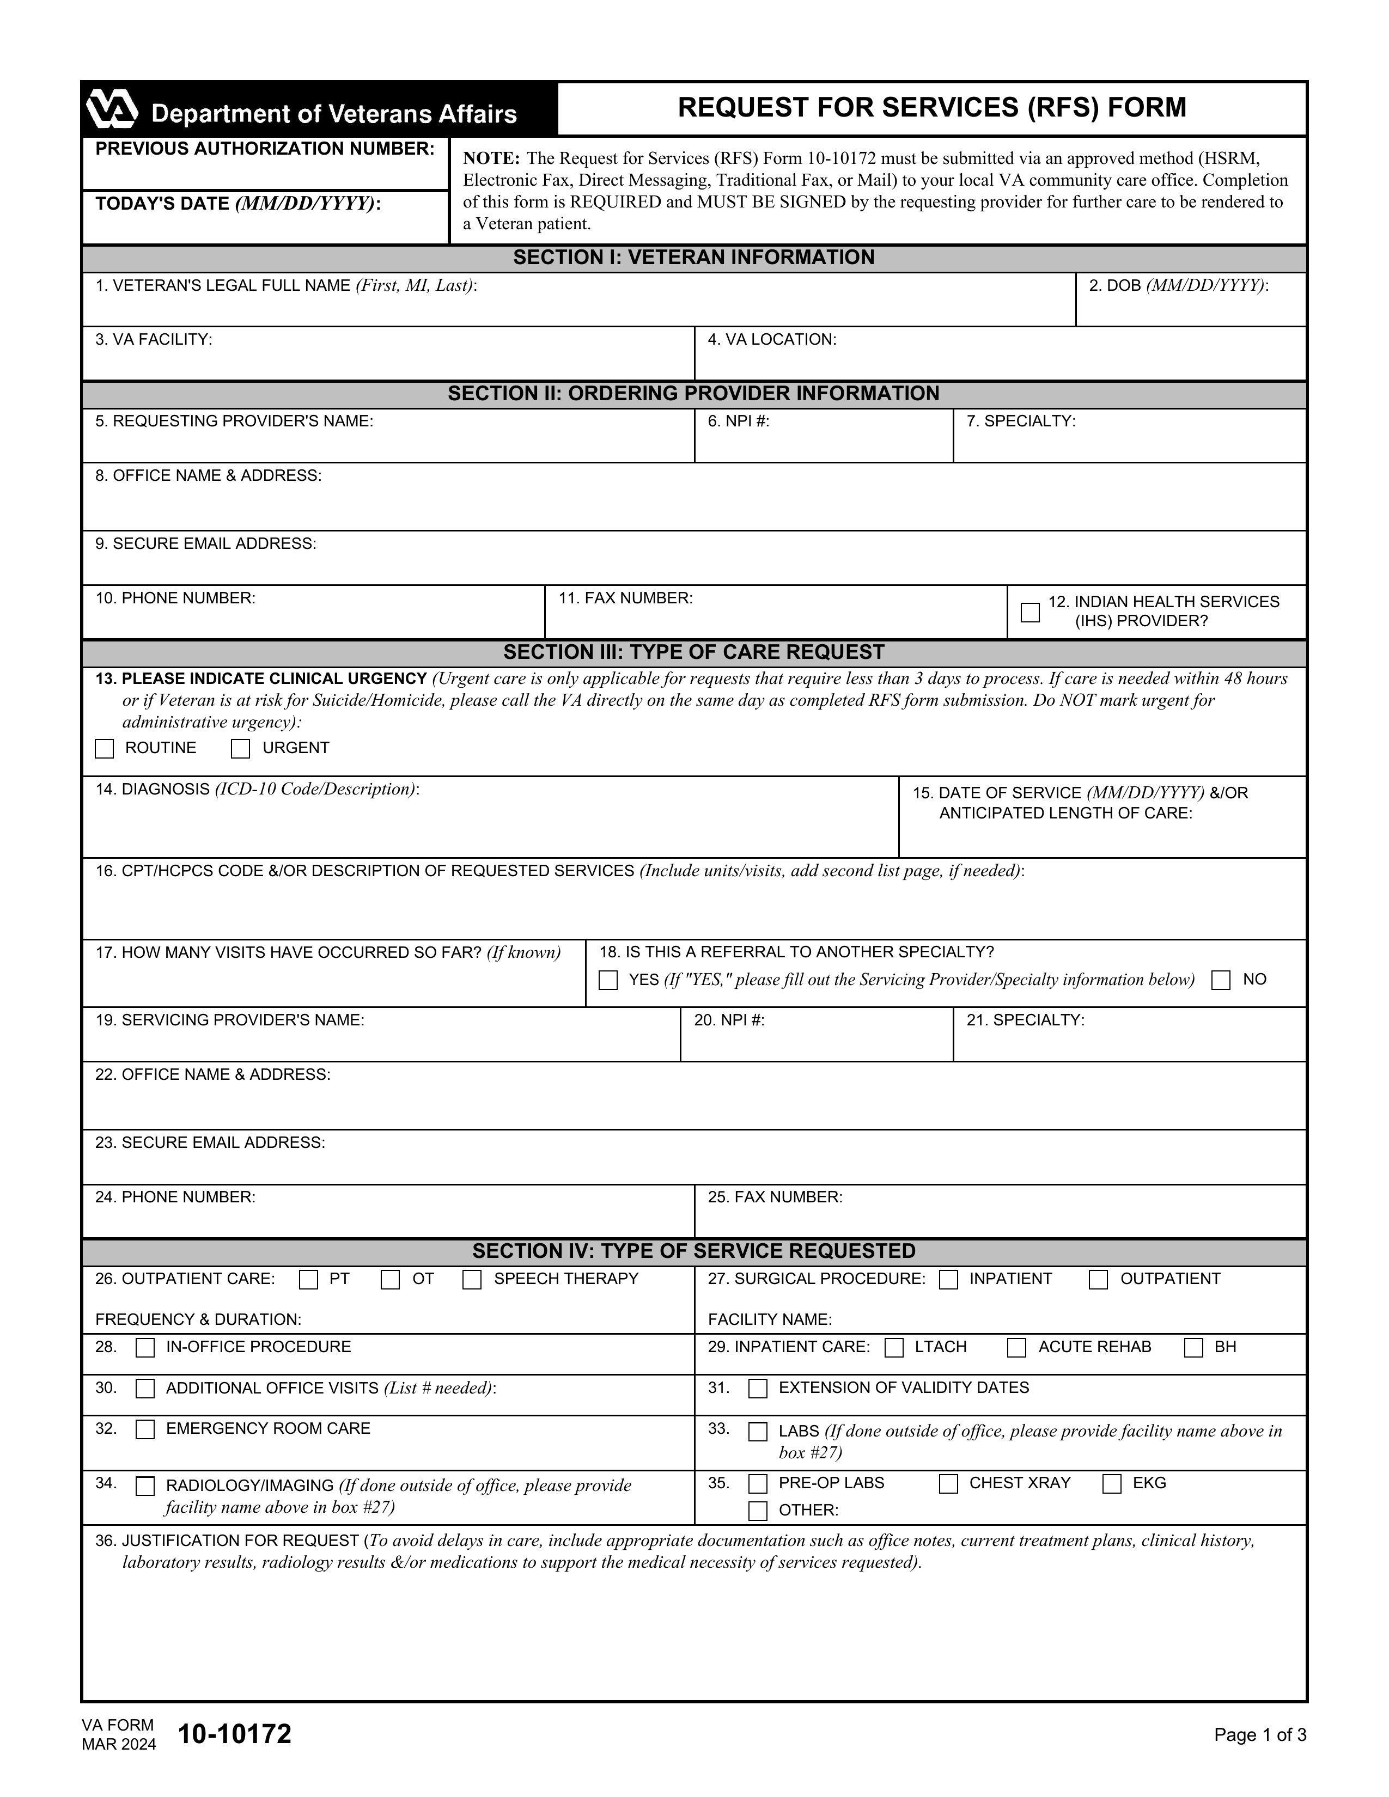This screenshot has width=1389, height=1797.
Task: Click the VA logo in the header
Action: tap(112, 109)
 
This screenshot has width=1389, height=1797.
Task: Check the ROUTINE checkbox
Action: tap(105, 749)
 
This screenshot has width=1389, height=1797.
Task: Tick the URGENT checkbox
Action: tap(240, 749)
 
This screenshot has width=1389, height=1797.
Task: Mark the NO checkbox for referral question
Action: tap(1221, 980)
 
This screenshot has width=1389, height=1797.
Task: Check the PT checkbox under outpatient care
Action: tap(308, 1280)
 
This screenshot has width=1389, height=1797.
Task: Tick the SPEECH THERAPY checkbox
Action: tap(472, 1280)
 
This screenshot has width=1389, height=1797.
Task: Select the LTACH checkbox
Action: tap(894, 1348)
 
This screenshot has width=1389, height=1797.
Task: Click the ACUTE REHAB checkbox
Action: tap(1017, 1348)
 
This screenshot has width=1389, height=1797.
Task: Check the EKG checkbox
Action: tap(1112, 1483)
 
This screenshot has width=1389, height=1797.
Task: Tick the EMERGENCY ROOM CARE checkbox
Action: tap(145, 1429)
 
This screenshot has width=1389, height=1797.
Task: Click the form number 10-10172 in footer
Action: tap(235, 1734)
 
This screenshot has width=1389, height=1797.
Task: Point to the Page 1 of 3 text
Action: tap(1259, 1735)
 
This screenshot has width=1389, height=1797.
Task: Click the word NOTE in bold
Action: tap(490, 158)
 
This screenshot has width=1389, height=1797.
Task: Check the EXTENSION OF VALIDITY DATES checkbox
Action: tap(757, 1389)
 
